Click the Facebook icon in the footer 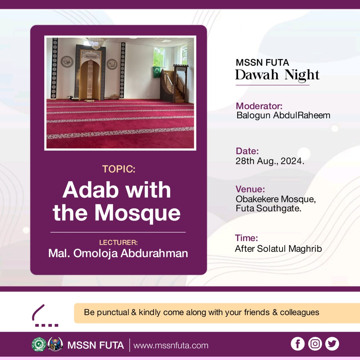(x=297, y=344)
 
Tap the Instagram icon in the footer (x=315, y=344)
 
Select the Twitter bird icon (x=332, y=344)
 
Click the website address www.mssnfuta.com (x=171, y=345)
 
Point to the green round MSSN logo (x=39, y=345)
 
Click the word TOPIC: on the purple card (x=119, y=169)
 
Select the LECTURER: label (x=118, y=242)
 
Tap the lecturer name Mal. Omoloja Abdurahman (x=118, y=253)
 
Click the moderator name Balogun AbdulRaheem (x=283, y=115)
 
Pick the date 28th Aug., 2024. (x=270, y=161)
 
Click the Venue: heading (x=250, y=189)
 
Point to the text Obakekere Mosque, (x=276, y=199)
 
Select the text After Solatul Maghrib (x=278, y=249)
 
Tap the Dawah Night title (x=277, y=75)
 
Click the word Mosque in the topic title (x=138, y=213)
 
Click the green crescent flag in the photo (x=157, y=72)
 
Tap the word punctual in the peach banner (x=113, y=312)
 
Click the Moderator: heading (x=259, y=106)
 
